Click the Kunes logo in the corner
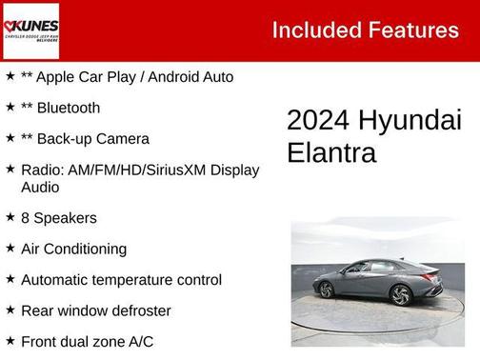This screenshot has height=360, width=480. [30, 30]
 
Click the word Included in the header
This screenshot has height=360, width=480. [311, 30]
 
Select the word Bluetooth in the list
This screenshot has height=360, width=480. [68, 108]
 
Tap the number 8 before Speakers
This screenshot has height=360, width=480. [26, 218]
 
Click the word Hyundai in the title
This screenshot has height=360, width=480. [410, 121]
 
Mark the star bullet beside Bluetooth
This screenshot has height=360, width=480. [10, 107]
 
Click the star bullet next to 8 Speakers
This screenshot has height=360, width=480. [10, 217]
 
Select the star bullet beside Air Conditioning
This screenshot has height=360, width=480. [10, 248]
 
